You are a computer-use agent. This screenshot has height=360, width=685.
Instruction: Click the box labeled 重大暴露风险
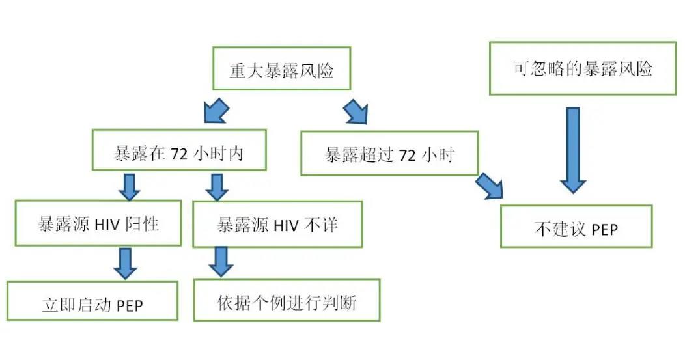coord(281,68)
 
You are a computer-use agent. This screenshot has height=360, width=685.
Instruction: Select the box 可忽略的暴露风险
coord(582,68)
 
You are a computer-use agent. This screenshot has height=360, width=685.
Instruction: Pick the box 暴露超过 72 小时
coord(389,154)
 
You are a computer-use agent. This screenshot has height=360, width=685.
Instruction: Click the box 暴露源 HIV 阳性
coord(98,224)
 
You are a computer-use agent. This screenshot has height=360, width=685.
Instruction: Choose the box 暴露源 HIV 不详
coord(277,225)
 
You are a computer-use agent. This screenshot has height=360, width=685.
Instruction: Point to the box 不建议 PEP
coord(576,226)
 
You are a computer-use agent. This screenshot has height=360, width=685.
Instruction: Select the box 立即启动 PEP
coord(92,300)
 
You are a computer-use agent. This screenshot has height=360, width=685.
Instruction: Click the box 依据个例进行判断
coord(287,301)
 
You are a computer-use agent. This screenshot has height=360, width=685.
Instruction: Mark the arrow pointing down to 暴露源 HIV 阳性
coord(129,187)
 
